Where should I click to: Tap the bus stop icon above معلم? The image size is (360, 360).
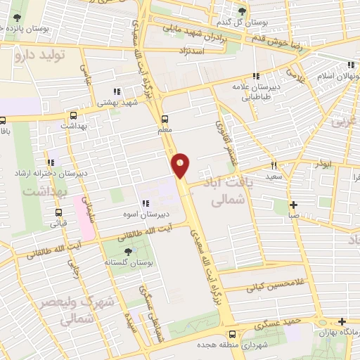[165, 118]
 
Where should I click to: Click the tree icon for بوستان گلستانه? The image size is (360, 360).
[127, 251]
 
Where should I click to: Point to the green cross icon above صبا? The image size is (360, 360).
[294, 205]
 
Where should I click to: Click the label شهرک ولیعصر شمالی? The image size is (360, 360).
[87, 309]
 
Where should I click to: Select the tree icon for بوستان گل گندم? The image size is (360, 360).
[242, 11]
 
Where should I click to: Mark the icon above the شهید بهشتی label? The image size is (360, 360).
[117, 91]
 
